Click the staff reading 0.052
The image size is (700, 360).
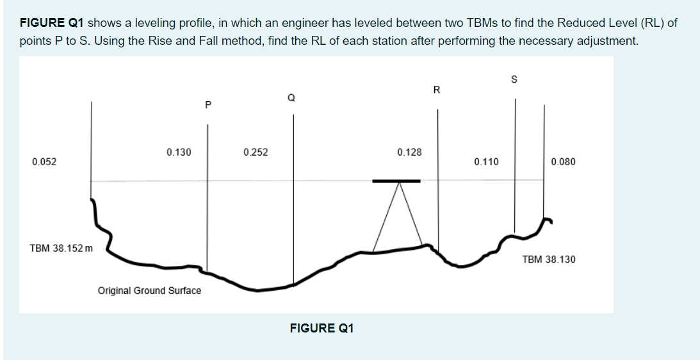pos(44,162)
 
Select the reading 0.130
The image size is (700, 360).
pos(179,152)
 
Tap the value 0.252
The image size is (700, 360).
pos(256,152)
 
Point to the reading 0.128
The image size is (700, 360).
pos(409,152)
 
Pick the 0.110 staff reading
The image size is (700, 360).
pos(486,162)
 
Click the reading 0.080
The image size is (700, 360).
pos(563,162)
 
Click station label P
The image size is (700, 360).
pos(208,103)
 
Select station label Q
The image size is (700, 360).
pos(291,98)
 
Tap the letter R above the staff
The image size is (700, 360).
pos(437,90)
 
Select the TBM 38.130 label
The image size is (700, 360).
pos(548,259)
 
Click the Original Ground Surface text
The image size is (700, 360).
pos(149,291)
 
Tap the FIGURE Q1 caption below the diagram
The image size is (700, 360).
pos(322,329)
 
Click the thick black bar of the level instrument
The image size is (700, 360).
pos(396,181)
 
